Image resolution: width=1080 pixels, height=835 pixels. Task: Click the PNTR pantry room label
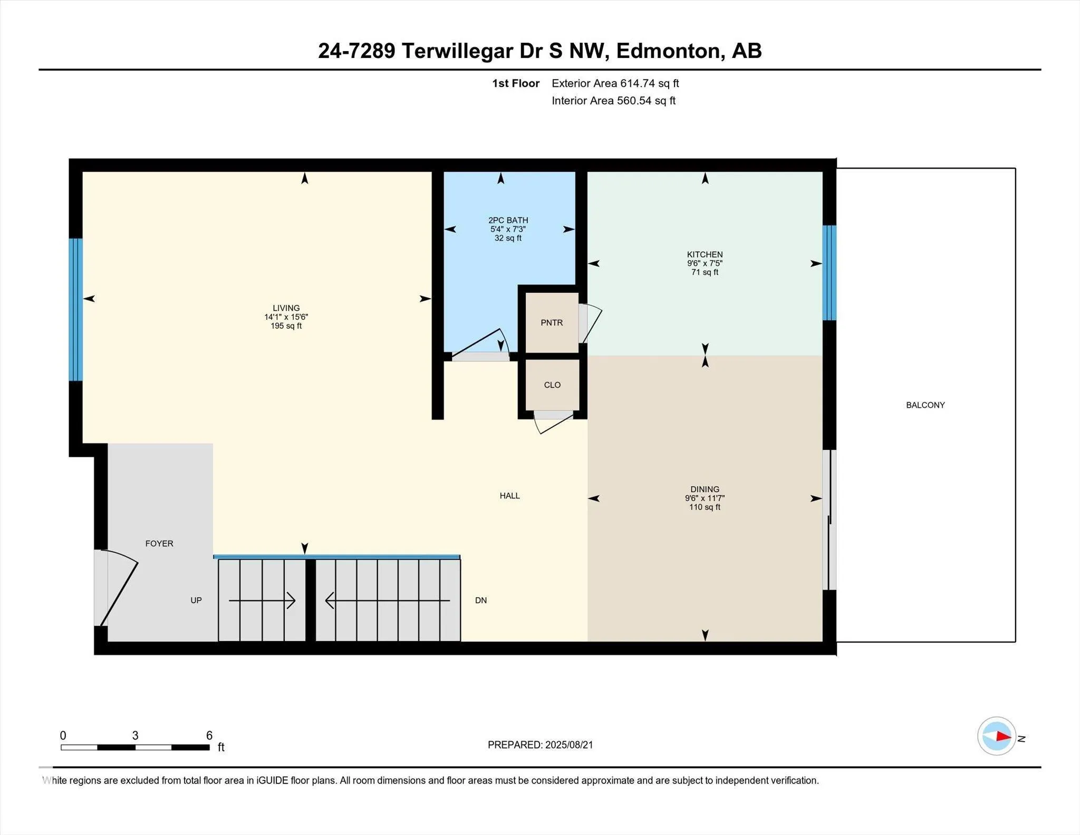click(552, 323)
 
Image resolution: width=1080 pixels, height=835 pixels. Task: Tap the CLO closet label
click(552, 385)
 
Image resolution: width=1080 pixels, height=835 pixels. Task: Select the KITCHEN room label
click(705, 255)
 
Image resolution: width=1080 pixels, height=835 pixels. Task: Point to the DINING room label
click(705, 490)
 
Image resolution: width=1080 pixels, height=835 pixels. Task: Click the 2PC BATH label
click(508, 220)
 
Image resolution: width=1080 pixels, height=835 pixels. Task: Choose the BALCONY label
click(925, 405)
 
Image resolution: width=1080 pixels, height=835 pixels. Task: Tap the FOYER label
click(159, 543)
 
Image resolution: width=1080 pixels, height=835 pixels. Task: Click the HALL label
click(510, 496)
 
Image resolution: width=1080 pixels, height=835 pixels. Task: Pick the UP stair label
click(196, 600)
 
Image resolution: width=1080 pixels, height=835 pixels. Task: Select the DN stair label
click(481, 600)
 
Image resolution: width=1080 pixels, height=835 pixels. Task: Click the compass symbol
click(997, 736)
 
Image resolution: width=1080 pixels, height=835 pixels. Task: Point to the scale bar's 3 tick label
click(135, 735)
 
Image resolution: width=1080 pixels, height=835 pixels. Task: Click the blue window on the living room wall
click(76, 310)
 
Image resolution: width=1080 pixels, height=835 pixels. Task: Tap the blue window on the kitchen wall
click(830, 273)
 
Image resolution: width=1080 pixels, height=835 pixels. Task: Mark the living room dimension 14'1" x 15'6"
click(286, 317)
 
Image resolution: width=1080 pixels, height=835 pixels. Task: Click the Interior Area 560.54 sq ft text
click(613, 101)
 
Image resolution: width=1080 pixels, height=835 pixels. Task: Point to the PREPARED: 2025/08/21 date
click(541, 745)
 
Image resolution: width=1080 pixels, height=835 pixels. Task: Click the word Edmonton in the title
click(668, 51)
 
